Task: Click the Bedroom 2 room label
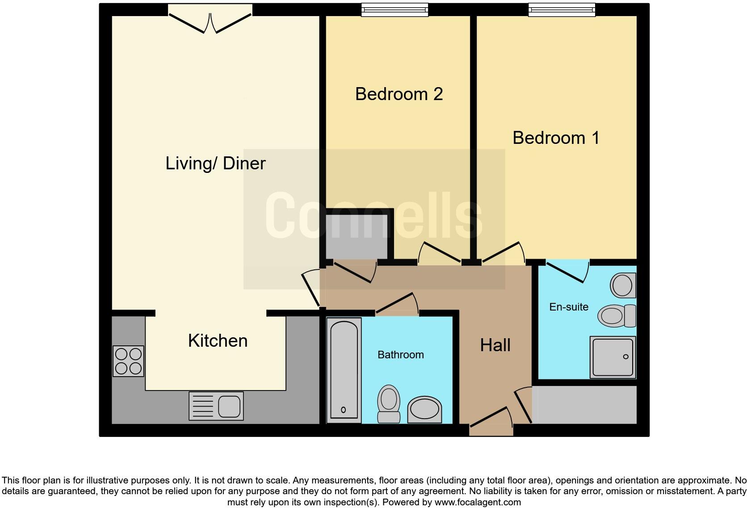[399, 94]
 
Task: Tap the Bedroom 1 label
[556, 138]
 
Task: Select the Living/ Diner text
[215, 163]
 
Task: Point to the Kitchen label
[218, 340]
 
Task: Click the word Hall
[495, 345]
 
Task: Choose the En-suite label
[568, 307]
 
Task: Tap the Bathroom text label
[400, 355]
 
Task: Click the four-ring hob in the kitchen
[128, 361]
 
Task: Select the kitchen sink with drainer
[216, 406]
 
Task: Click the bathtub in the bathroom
[344, 370]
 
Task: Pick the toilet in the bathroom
[389, 403]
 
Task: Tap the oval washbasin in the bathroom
[424, 409]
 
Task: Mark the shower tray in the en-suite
[613, 357]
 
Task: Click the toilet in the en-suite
[617, 316]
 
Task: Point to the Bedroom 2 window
[394, 10]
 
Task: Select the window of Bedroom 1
[562, 10]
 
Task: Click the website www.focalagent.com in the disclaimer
[477, 502]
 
